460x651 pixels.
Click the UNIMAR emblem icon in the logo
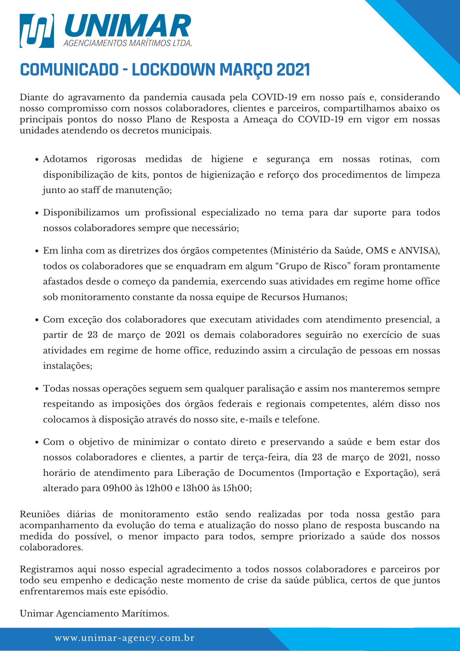pos(36,31)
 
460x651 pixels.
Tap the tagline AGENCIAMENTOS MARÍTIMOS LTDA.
pos(128,43)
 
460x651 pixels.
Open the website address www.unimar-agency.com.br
pos(125,638)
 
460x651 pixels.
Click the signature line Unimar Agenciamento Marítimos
pos(94,614)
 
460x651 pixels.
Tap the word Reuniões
pos(40,514)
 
